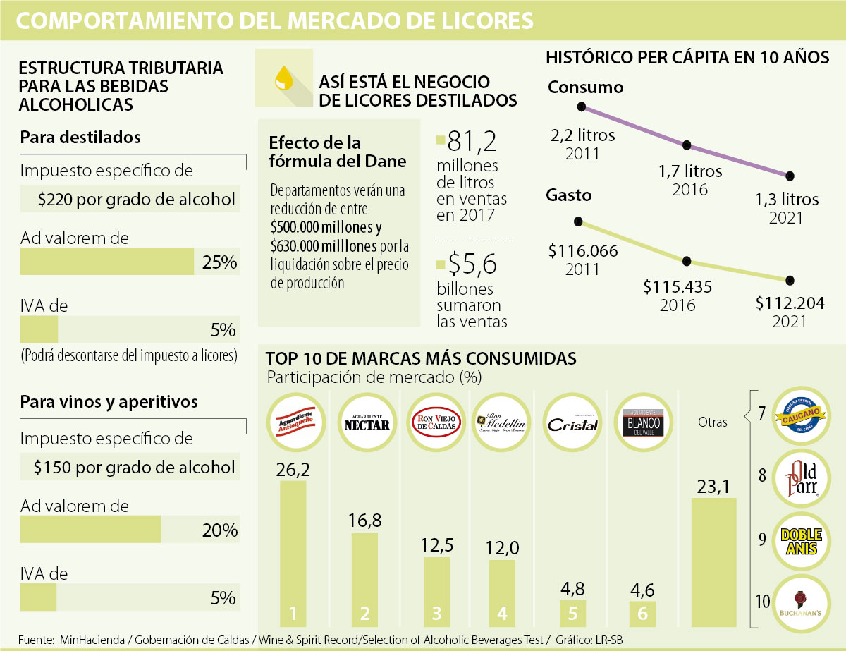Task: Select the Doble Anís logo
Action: point(801,540)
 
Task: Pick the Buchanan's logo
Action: point(801,602)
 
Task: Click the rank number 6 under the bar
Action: point(642,614)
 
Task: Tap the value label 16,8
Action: point(364,521)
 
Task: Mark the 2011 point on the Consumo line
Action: point(582,107)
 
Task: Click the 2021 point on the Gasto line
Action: point(790,281)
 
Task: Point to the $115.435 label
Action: point(678,287)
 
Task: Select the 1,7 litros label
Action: point(690,171)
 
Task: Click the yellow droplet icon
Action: point(283,77)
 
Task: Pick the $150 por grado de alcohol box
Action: point(130,466)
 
